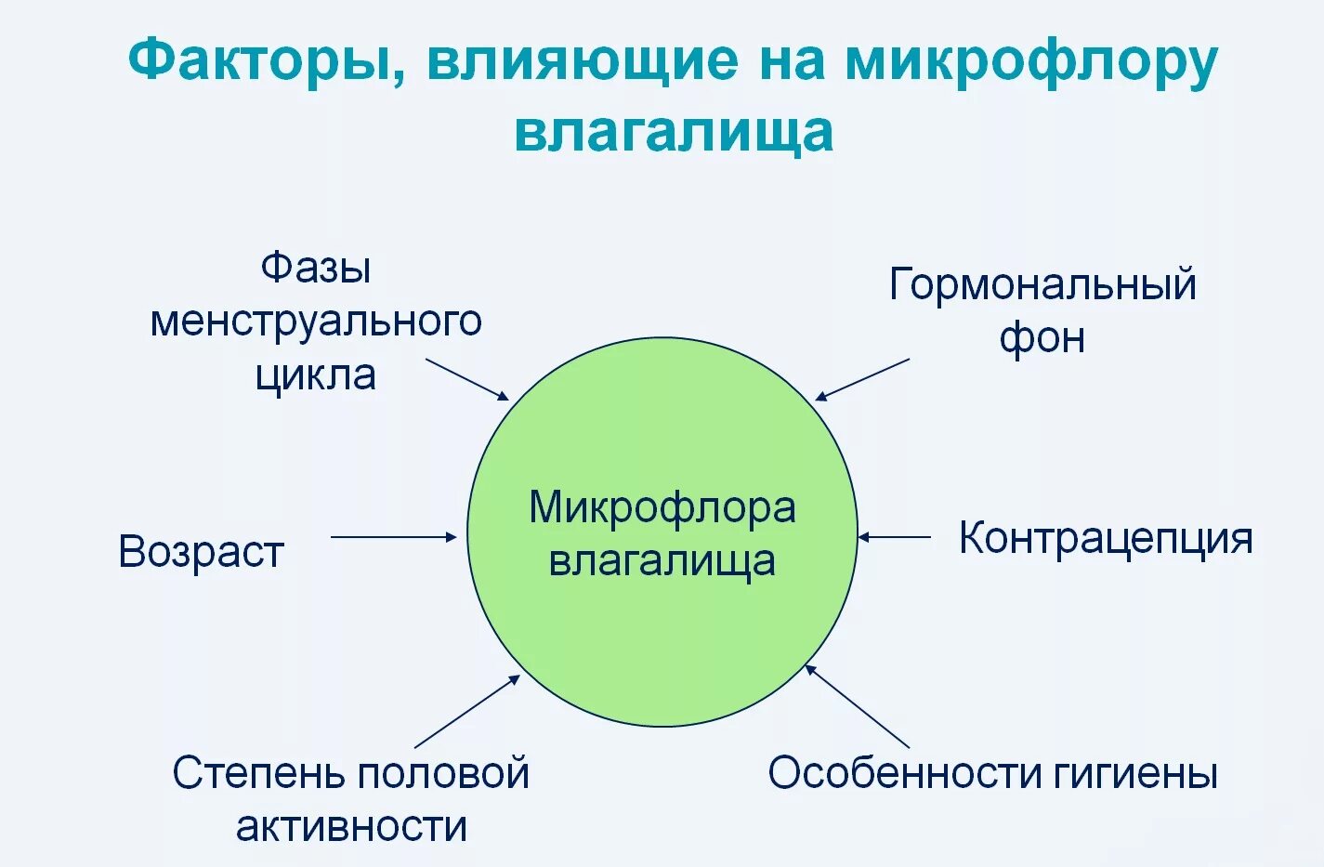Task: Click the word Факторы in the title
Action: [x=266, y=61]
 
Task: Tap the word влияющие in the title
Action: [x=583, y=61]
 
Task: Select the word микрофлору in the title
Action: [x=1030, y=61]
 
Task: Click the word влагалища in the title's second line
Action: [x=674, y=131]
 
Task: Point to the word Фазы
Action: [x=316, y=268]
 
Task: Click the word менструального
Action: [x=316, y=322]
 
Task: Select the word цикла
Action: [x=316, y=375]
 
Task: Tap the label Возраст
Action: [x=201, y=551]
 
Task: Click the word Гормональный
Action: [x=1042, y=284]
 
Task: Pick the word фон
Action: [x=1042, y=338]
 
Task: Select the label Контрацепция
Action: [x=1106, y=538]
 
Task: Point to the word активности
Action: [x=351, y=826]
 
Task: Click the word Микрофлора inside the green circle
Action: [x=662, y=508]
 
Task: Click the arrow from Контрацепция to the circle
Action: [x=894, y=537]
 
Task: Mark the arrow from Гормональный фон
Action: [x=862, y=380]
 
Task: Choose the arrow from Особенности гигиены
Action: [x=857, y=706]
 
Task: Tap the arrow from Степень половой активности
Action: [x=467, y=712]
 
